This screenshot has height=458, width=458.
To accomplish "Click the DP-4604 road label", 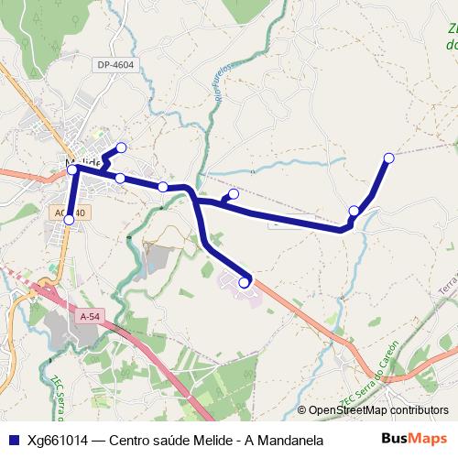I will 116,65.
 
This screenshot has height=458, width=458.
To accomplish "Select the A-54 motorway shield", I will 89,316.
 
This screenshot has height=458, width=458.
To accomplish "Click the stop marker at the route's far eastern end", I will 388,158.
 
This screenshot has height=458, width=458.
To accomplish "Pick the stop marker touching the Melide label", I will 72,169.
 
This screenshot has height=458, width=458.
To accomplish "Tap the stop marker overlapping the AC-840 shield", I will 69,219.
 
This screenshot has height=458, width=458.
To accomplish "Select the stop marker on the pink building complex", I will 244,283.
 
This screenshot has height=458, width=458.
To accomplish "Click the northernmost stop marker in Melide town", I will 121,147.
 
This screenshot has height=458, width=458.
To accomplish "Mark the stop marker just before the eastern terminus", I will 354,212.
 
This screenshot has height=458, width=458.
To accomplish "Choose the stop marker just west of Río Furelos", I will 163,187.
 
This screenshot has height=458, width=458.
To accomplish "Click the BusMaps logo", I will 414,439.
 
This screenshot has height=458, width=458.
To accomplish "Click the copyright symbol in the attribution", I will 302,410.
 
